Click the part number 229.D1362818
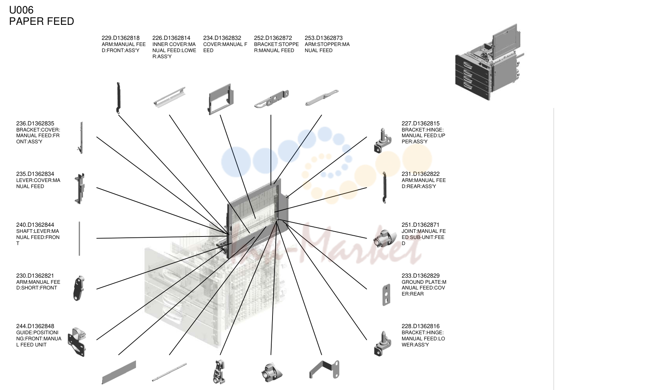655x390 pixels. pyautogui.click(x=121, y=38)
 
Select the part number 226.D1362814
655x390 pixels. pyautogui.click(x=171, y=38)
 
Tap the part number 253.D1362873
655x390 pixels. pyautogui.click(x=323, y=38)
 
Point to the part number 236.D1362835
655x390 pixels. pyautogui.click(x=35, y=124)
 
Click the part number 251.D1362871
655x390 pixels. pyautogui.click(x=420, y=225)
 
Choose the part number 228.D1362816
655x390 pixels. pyautogui.click(x=420, y=326)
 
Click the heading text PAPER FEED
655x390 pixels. pyautogui.click(x=42, y=21)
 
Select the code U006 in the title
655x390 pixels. pyautogui.click(x=21, y=10)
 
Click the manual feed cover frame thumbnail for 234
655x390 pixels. pyautogui.click(x=221, y=99)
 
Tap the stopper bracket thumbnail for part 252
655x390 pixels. pyautogui.click(x=271, y=99)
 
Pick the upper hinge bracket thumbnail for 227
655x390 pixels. pyautogui.click(x=382, y=141)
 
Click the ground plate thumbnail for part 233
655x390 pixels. pyautogui.click(x=386, y=295)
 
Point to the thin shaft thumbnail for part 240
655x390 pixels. pyautogui.click(x=79, y=239)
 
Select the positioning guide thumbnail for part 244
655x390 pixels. pyautogui.click(x=77, y=342)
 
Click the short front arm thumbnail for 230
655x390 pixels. pyautogui.click(x=78, y=288)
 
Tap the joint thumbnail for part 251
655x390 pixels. pyautogui.click(x=382, y=239)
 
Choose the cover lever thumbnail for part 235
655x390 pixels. pyautogui.click(x=80, y=188)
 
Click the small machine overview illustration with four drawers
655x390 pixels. pyautogui.click(x=490, y=62)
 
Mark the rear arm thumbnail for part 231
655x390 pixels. pyautogui.click(x=384, y=188)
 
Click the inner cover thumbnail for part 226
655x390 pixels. pyautogui.click(x=169, y=97)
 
